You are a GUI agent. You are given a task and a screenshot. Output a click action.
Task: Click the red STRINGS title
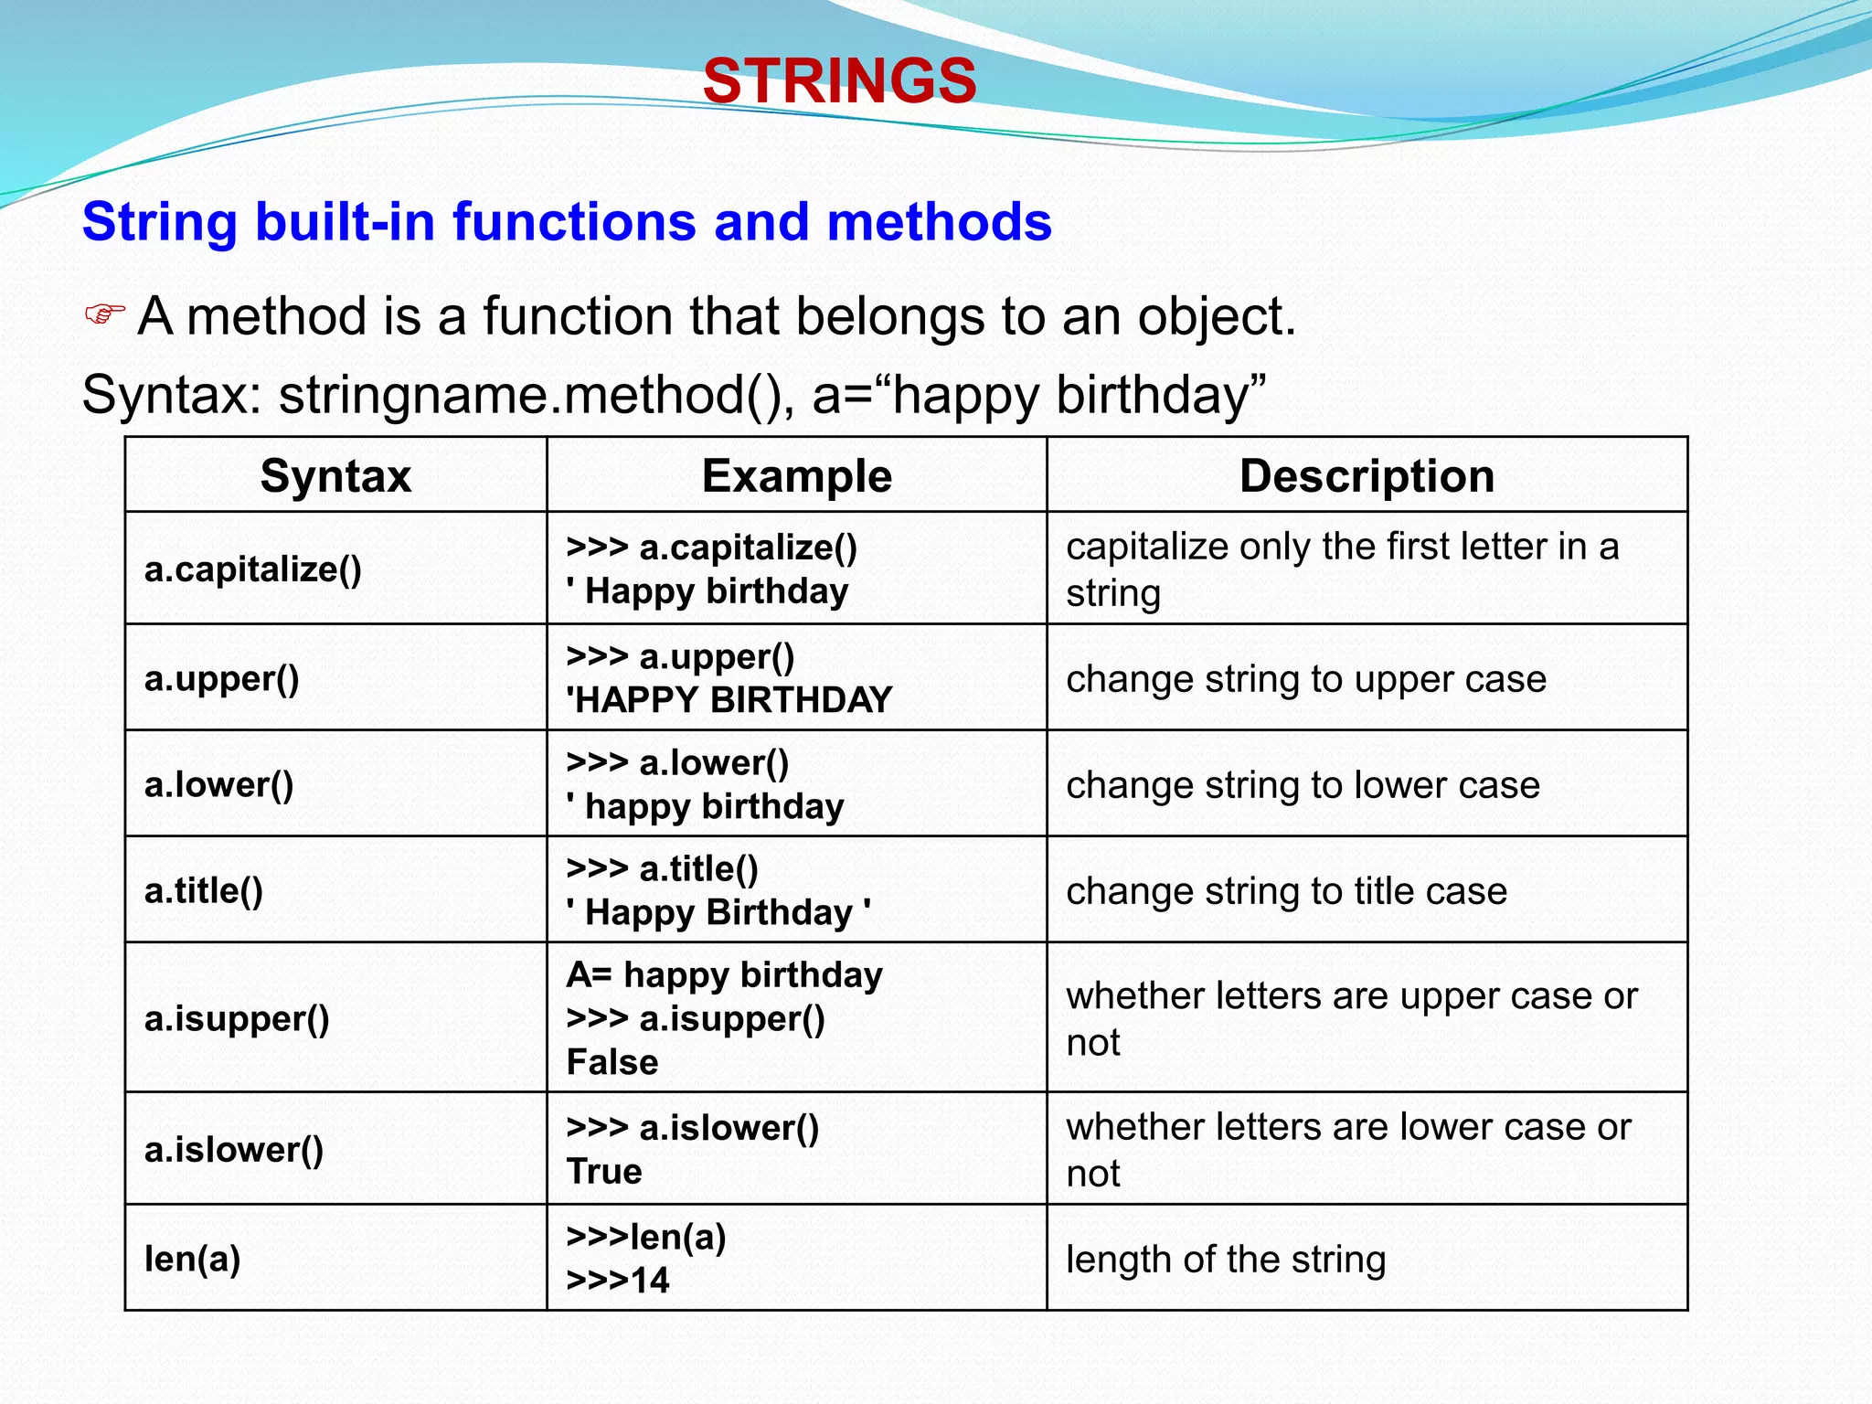839,80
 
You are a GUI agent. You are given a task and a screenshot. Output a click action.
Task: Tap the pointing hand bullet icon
104,314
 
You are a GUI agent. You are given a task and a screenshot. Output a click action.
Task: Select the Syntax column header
335,476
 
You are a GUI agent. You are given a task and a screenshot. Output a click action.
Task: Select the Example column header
796,476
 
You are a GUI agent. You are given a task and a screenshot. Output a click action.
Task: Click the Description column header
1367,476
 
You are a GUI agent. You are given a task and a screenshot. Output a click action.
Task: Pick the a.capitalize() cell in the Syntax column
253,569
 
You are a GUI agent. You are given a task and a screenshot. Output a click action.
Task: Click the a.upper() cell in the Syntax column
222,678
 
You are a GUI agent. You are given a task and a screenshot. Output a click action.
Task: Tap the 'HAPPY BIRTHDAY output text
729,700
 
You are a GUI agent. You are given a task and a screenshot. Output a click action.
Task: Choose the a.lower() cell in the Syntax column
219,784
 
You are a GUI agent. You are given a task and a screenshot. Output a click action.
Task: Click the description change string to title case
1286,890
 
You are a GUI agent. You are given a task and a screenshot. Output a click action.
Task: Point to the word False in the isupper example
612,1062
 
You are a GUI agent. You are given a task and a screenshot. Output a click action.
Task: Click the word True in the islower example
604,1171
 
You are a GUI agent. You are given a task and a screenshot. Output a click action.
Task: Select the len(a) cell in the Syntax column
193,1259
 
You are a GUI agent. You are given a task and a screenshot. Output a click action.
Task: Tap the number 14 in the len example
650,1280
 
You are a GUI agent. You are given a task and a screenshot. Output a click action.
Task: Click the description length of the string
1226,1260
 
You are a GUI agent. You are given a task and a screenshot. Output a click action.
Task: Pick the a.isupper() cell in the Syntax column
237,1018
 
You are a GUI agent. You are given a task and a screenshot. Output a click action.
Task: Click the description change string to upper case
1306,679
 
